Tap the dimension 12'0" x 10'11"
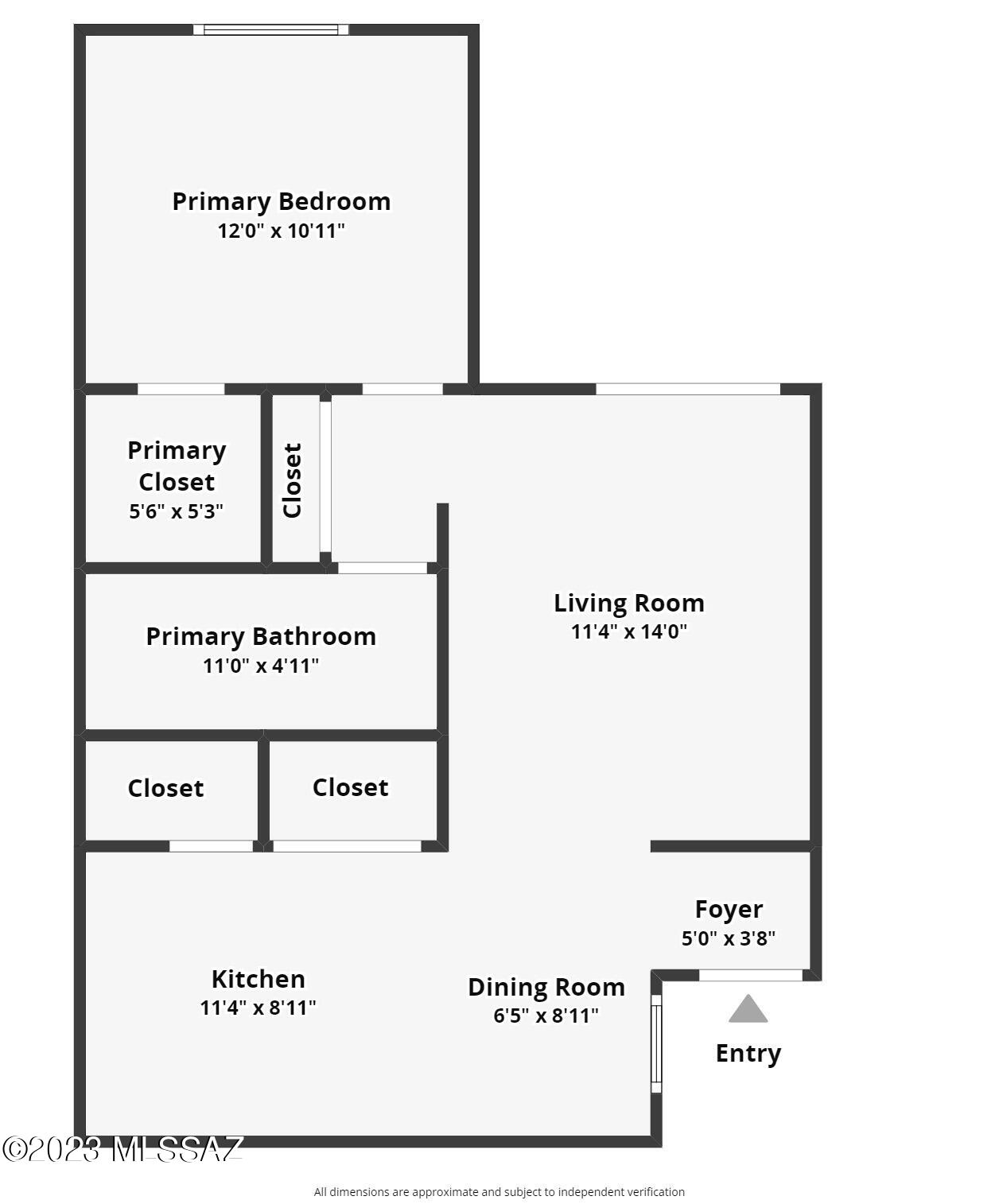pos(281,231)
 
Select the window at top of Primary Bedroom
pos(270,29)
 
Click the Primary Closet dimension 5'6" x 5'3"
pos(176,511)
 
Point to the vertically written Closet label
pos(292,480)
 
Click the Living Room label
pos(628,603)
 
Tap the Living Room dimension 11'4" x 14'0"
pos(628,631)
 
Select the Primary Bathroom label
pos(261,637)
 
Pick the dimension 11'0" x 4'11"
pos(261,666)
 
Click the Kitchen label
pos(258,979)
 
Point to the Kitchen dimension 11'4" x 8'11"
pos(258,1008)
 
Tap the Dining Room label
pos(546,987)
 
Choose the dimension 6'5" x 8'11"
pos(546,1016)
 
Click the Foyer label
pos(729,910)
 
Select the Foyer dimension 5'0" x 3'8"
pos(729,938)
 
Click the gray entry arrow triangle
pos(748,1010)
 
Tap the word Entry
pos(748,1054)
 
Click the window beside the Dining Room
pos(656,1043)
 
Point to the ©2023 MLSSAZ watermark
pos(122,1148)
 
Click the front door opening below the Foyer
pos(750,975)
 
